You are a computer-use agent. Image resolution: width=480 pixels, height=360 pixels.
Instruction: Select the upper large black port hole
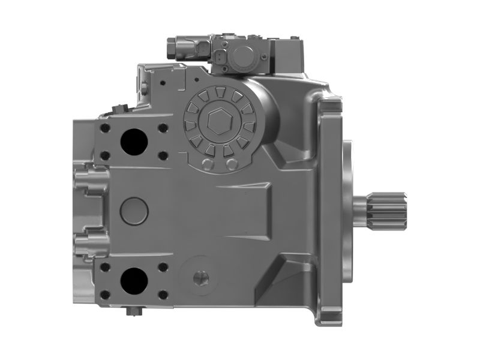(x=134, y=142)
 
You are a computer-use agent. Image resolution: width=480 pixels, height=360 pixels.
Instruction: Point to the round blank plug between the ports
(x=134, y=210)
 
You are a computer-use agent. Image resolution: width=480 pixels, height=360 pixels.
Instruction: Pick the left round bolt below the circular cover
(x=208, y=164)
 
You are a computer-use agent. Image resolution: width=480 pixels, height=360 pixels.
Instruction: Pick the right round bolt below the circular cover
(x=230, y=164)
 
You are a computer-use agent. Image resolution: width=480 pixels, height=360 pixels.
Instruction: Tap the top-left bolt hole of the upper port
(x=106, y=127)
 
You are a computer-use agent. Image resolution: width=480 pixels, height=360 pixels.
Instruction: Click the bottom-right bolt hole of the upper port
(x=163, y=155)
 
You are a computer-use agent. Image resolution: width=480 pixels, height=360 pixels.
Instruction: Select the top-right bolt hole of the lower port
(x=163, y=266)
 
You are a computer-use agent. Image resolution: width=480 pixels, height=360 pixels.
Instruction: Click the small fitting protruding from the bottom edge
(x=133, y=311)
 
